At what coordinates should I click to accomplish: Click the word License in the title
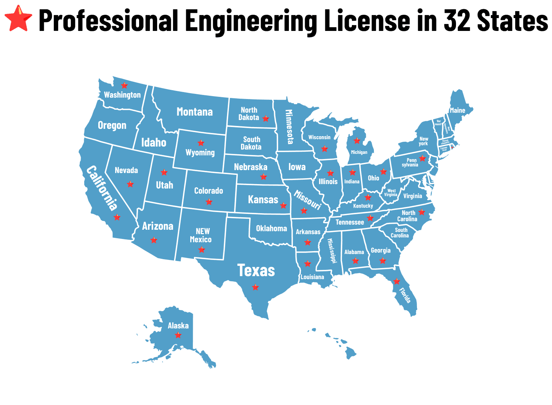[367, 20]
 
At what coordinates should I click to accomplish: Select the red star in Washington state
[125, 85]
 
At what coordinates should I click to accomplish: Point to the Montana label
[195, 112]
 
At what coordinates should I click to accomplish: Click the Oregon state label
[112, 126]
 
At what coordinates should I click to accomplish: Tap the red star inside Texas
[255, 287]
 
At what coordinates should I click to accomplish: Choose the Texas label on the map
[256, 271]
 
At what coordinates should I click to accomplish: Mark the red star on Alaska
[178, 335]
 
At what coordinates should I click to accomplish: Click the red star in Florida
[397, 281]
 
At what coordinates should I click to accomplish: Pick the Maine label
[457, 110]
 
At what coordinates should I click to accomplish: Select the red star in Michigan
[357, 141]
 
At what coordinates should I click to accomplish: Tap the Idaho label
[154, 142]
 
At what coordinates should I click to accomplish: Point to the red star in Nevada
[130, 184]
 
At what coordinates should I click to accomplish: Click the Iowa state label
[297, 167]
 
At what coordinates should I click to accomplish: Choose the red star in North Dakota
[266, 119]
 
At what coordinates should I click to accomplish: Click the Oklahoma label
[272, 229]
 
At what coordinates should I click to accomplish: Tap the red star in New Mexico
[202, 250]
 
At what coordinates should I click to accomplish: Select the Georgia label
[381, 251]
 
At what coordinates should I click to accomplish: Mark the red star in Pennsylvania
[422, 158]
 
